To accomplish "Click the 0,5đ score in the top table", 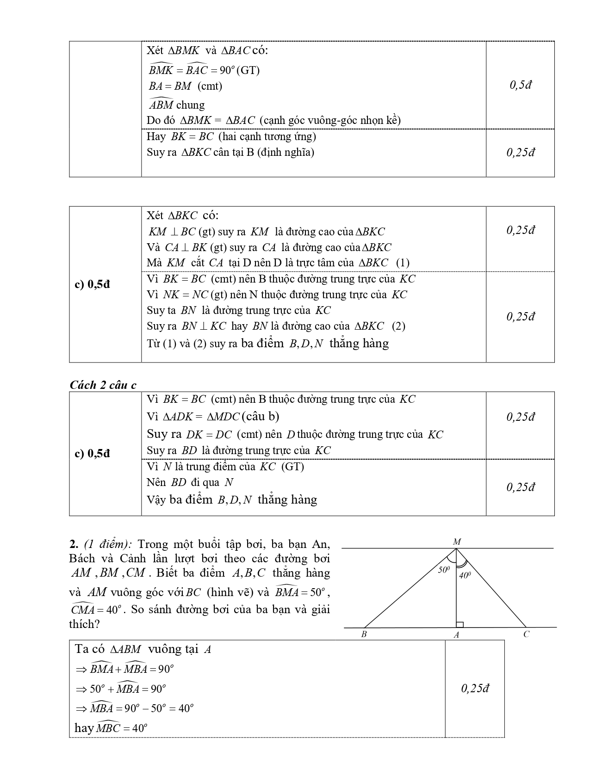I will click(x=520, y=85).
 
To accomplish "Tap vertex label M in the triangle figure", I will click(x=457, y=541).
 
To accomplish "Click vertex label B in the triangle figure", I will click(x=364, y=634).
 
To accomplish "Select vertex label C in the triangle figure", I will click(x=526, y=634).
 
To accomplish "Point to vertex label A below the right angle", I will click(x=456, y=635).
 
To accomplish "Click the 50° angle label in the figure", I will click(x=444, y=570).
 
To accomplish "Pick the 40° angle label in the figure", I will click(x=465, y=576).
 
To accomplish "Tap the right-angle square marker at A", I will click(x=460, y=624).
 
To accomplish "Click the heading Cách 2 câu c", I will click(x=103, y=385).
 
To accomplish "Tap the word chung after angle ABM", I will click(x=190, y=105).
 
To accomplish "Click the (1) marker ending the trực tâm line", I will click(x=403, y=263).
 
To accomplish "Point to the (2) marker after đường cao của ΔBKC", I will click(x=398, y=326).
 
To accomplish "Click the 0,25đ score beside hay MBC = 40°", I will click(x=475, y=689).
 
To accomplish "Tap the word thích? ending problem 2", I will click(x=84, y=624).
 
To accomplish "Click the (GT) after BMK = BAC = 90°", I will click(x=248, y=70).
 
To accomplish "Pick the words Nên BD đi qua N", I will click(x=190, y=482).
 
